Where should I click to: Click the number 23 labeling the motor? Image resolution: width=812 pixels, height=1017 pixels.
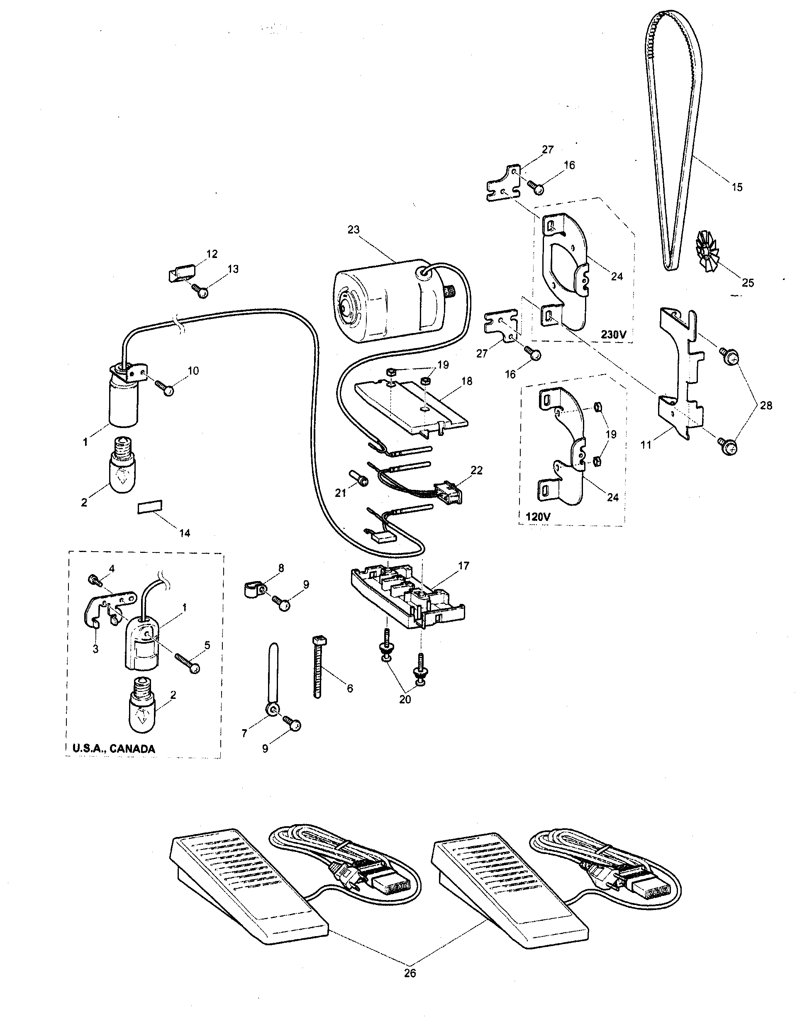tap(354, 230)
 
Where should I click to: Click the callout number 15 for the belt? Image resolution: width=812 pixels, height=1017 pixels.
tap(737, 187)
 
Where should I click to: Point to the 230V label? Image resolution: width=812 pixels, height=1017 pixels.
tap(613, 334)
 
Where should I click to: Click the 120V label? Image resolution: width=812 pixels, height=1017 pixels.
tap(538, 516)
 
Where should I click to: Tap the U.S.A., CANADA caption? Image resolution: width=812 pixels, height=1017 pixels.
tap(114, 749)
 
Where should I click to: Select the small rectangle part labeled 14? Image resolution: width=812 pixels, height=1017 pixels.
tap(149, 507)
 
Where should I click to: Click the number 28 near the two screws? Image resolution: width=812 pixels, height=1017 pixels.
tap(766, 405)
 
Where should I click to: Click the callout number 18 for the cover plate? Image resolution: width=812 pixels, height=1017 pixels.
tap(467, 381)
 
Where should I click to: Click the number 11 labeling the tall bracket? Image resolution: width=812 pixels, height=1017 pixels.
tap(646, 444)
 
